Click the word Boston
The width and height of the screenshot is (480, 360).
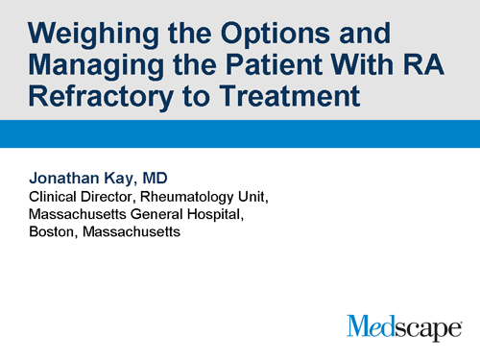[x=53, y=232]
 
